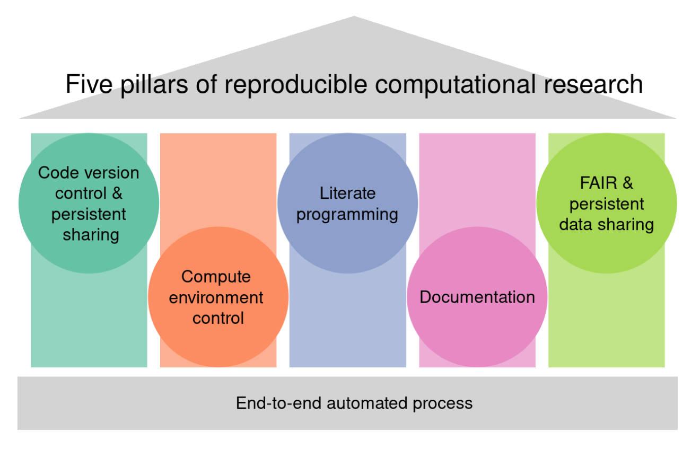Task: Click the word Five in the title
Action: coord(89,84)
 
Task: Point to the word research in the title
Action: coord(593,84)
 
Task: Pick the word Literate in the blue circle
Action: coord(348,193)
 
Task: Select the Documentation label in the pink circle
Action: coord(477,297)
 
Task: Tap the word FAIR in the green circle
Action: coord(598,183)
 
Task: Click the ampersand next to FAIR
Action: coord(628,183)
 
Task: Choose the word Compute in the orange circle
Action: coord(216,277)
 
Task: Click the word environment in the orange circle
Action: coord(216,297)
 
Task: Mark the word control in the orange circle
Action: coord(218,318)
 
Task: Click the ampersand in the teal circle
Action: coord(117,193)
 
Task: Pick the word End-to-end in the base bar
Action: coord(278,403)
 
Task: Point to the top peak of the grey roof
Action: coord(354,16)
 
